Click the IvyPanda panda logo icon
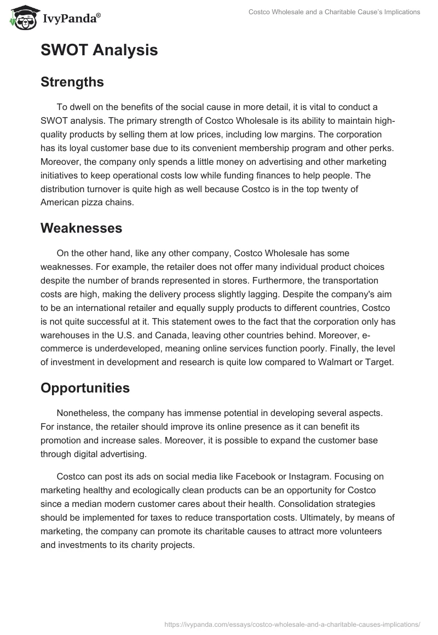[x=21, y=18]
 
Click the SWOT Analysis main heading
[x=99, y=50]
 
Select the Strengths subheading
[x=72, y=82]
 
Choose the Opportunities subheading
[x=85, y=388]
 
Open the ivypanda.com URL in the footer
[x=292, y=624]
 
